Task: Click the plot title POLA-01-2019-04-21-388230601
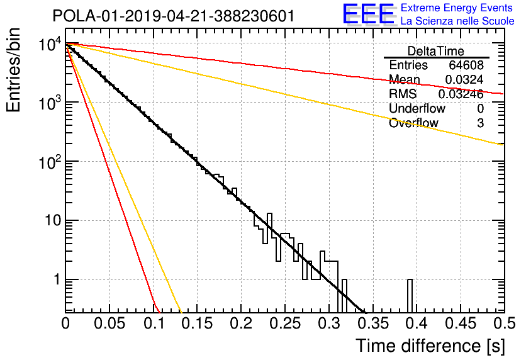(x=174, y=16)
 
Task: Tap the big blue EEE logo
(x=368, y=14)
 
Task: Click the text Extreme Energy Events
(x=457, y=8)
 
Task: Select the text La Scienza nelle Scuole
(x=457, y=21)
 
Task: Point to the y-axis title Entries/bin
(x=13, y=70)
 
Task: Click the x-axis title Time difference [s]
(x=430, y=346)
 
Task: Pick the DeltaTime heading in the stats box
(x=436, y=51)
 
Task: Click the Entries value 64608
(x=466, y=65)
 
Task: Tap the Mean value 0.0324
(x=464, y=79)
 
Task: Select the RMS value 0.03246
(x=461, y=94)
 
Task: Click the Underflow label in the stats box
(x=417, y=108)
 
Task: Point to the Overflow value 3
(x=480, y=123)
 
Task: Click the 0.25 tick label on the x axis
(x=285, y=323)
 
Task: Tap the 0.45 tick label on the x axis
(x=461, y=323)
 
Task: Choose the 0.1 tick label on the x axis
(x=154, y=323)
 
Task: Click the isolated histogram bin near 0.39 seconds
(x=410, y=296)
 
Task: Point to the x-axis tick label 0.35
(x=372, y=323)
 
